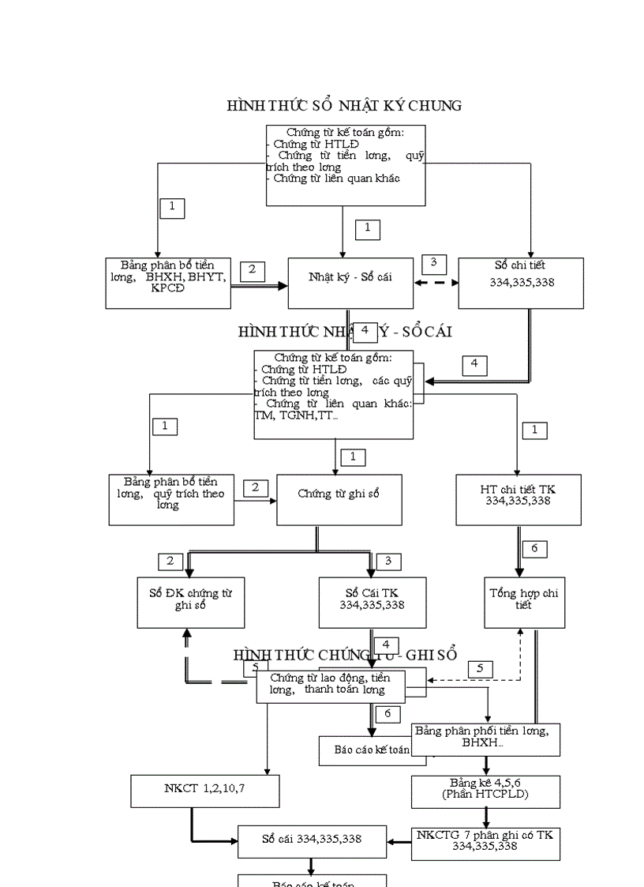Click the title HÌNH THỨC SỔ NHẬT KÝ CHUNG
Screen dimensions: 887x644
pyautogui.click(x=344, y=106)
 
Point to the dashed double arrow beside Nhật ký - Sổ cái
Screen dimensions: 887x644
pyautogui.click(x=436, y=284)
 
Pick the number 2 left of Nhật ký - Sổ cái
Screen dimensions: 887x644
pyautogui.click(x=252, y=270)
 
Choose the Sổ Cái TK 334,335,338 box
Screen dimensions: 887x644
pyautogui.click(x=372, y=602)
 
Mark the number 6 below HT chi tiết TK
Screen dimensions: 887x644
pyautogui.click(x=534, y=549)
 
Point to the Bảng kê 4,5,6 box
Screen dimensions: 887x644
pyautogui.click(x=485, y=791)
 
